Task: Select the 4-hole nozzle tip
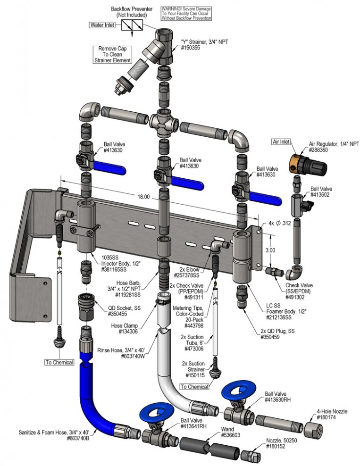point(312,429)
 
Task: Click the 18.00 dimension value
point(143,197)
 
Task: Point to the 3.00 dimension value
point(270,250)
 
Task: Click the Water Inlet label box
point(102,25)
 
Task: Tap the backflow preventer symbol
point(132,25)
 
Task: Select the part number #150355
point(190,48)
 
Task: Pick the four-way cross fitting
point(164,122)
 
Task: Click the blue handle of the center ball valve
point(188,181)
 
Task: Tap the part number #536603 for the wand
point(231,435)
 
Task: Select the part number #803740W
point(133,356)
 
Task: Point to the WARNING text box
point(186,14)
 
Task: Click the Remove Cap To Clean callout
point(112,54)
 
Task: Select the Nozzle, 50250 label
point(281,441)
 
